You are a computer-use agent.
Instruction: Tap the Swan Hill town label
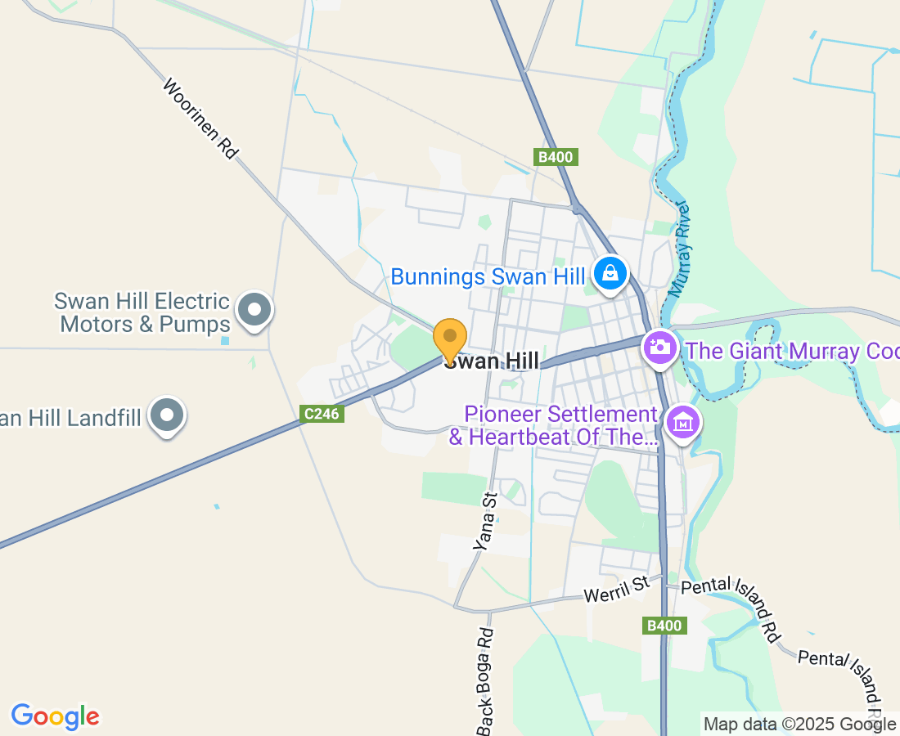tap(492, 361)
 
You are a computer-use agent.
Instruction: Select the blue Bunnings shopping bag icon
tap(610, 273)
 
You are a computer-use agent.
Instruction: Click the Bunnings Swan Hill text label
tap(488, 276)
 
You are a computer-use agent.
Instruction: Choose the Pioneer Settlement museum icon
tap(681, 423)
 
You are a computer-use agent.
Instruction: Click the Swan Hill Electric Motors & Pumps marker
tap(254, 310)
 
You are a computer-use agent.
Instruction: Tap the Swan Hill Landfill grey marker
tap(167, 415)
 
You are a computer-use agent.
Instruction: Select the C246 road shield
tap(321, 415)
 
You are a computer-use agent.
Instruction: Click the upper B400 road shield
tap(556, 157)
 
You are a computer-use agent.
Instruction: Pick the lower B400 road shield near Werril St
tap(663, 626)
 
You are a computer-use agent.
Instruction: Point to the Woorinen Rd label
tap(200, 119)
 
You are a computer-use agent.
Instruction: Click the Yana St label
tap(485, 520)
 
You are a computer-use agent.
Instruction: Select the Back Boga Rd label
tap(486, 680)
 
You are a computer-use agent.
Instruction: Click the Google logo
tap(55, 717)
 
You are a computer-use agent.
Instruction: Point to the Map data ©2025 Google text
tap(799, 724)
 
